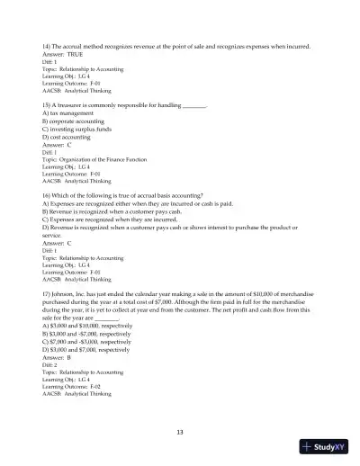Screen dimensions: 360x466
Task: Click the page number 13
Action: (x=180, y=432)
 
